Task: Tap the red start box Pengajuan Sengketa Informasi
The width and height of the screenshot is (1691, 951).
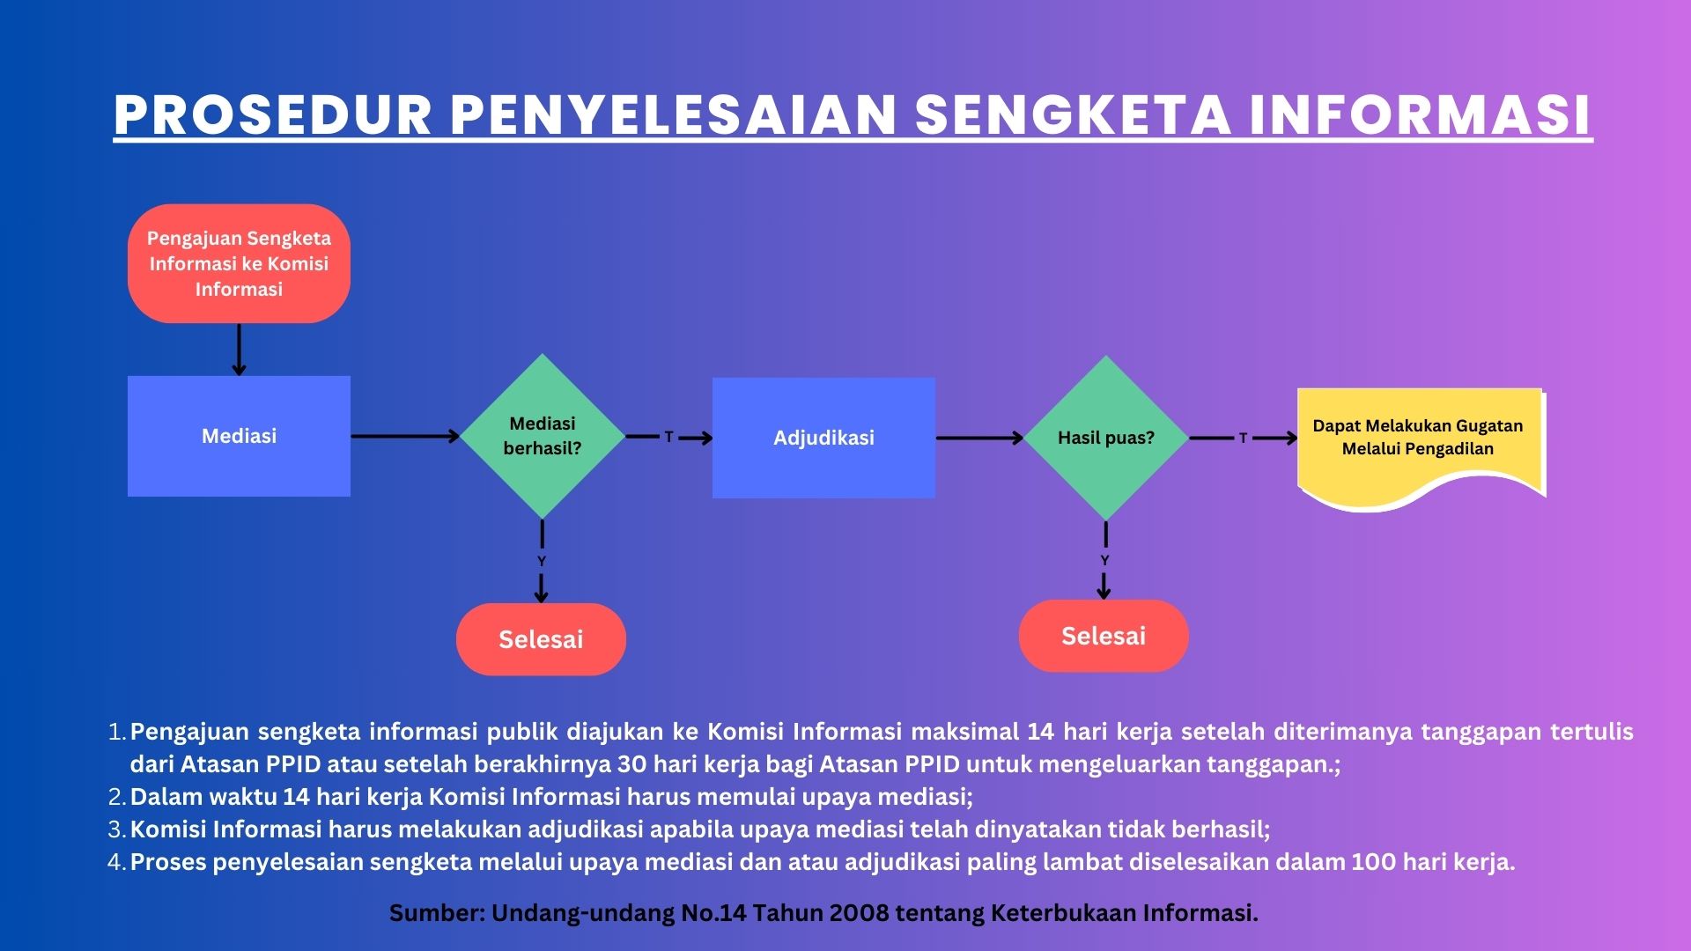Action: point(239,263)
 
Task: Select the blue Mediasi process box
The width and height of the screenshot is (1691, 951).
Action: point(239,436)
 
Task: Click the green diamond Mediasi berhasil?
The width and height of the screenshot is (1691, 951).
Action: point(543,436)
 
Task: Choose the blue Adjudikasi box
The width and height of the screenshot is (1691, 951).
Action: point(823,438)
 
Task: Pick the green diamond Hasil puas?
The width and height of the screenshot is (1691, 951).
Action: point(1106,438)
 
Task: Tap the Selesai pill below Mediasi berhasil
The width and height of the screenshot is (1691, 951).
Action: point(541,639)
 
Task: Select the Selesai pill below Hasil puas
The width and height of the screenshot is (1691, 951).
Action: point(1104,636)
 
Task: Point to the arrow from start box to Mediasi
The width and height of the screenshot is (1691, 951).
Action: point(239,350)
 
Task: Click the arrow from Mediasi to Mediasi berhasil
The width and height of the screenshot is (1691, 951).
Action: point(405,436)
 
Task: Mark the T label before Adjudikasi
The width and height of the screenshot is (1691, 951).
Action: point(668,437)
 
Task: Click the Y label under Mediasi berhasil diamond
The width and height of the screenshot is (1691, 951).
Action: point(542,561)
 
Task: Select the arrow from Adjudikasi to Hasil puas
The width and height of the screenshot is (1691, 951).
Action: point(979,438)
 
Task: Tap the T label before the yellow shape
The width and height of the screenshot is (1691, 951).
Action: point(1243,438)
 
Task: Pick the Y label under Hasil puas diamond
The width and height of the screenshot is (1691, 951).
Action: point(1104,560)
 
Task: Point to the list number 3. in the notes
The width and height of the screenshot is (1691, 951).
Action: point(118,829)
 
